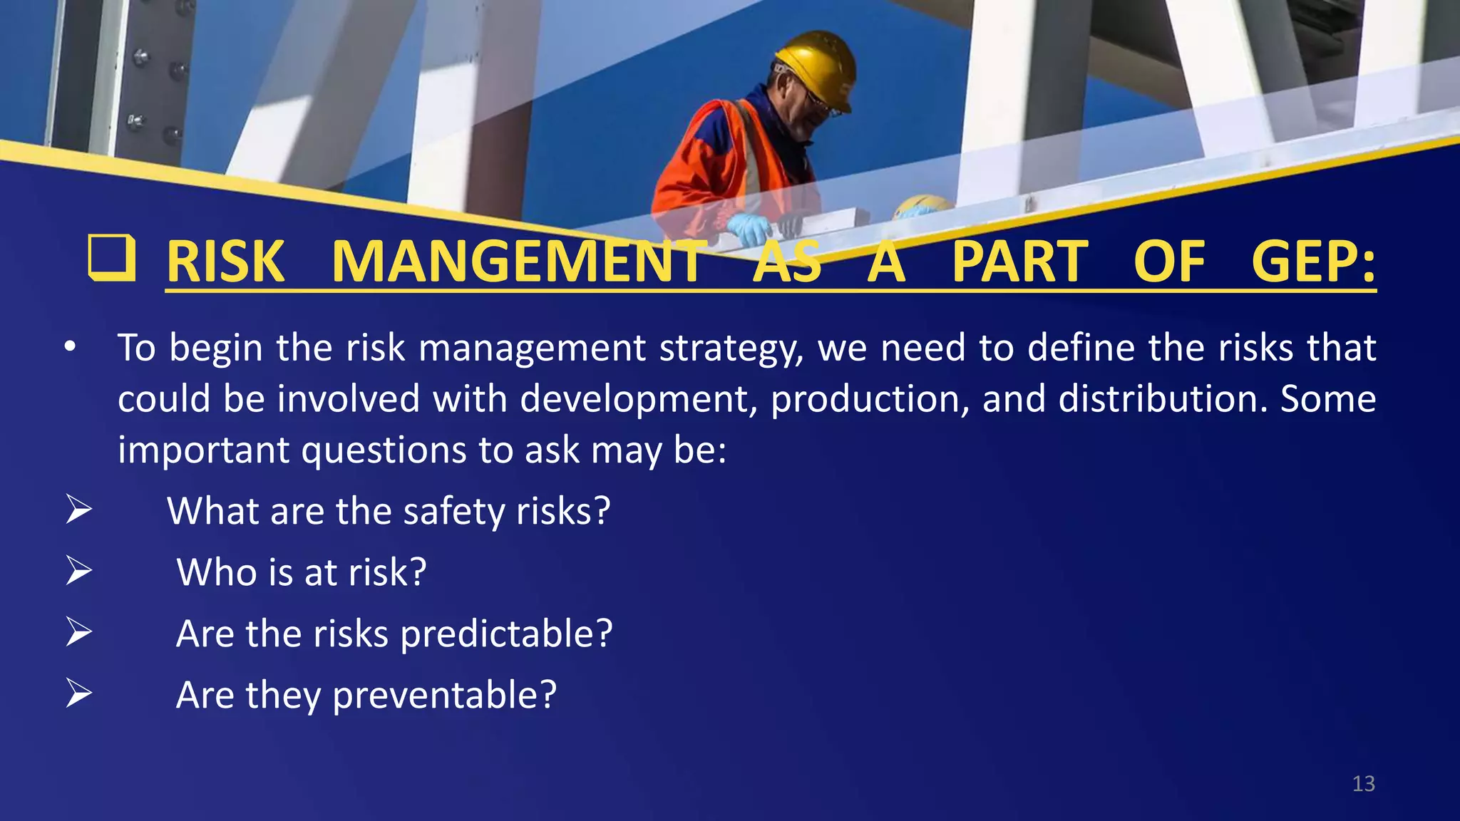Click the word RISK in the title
[x=225, y=262]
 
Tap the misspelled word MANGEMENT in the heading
[x=518, y=262]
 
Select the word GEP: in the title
[x=1313, y=262]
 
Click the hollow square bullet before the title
[x=112, y=257]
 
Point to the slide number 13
[x=1363, y=784]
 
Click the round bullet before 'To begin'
[x=69, y=348]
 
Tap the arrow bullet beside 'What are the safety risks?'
[x=78, y=510]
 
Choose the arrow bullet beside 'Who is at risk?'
[x=78, y=572]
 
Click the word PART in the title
[x=1020, y=262]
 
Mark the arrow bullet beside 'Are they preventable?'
[x=78, y=693]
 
